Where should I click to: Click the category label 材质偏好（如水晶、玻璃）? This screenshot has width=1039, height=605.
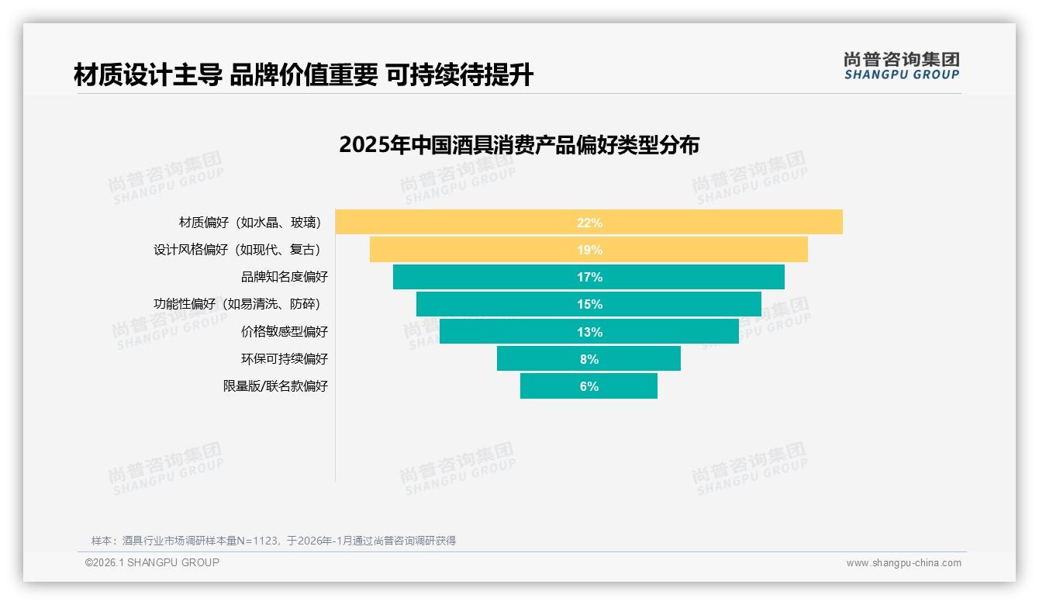click(250, 223)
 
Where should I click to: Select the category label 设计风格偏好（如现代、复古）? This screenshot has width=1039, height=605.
click(237, 250)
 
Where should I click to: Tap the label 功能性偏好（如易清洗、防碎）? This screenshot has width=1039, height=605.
click(237, 304)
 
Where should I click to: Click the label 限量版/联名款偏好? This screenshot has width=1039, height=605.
click(275, 386)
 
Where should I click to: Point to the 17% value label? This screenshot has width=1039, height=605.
click(589, 278)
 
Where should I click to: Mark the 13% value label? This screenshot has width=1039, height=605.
click(589, 332)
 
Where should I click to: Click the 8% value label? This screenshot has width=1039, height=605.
click(589, 359)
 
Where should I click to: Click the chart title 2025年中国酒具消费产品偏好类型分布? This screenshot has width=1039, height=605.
click(519, 145)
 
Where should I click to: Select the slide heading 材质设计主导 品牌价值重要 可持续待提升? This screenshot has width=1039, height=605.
click(303, 75)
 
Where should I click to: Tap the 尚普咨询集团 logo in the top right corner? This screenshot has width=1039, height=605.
click(901, 66)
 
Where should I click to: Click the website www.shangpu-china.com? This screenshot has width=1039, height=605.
click(903, 563)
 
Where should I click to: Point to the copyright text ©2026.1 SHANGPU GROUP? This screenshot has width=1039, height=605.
click(152, 562)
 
